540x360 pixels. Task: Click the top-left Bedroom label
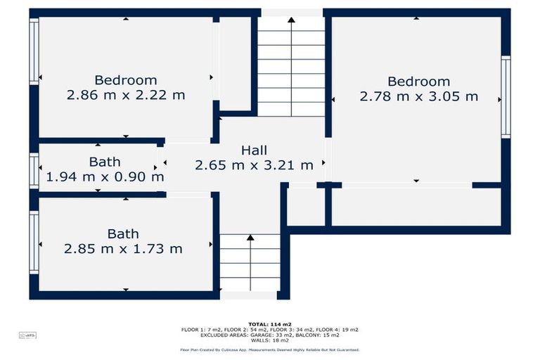126,80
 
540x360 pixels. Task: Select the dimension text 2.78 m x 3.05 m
418,96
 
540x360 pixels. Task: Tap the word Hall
254,150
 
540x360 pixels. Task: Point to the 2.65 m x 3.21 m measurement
254,165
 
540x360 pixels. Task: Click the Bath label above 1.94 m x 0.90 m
104,162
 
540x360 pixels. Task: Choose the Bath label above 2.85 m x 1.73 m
123,233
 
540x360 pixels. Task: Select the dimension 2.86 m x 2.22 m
126,95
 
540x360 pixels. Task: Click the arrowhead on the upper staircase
291,21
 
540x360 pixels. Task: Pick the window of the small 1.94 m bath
33,170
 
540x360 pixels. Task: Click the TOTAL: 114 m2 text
269,323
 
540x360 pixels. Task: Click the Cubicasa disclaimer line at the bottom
269,349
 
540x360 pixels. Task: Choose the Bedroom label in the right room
418,82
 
